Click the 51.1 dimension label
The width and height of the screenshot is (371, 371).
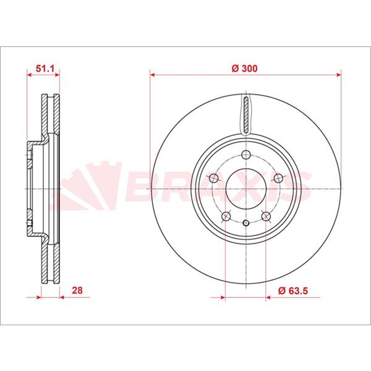pyautogui.click(x=45, y=69)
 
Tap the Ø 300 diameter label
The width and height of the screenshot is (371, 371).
pyautogui.click(x=244, y=69)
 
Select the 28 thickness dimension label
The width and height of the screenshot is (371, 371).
pyautogui.click(x=77, y=290)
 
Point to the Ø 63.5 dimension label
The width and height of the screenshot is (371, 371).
pyautogui.click(x=293, y=291)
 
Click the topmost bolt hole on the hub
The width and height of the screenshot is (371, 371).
pyautogui.click(x=246, y=155)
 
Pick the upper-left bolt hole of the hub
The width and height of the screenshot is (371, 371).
pyautogui.click(x=214, y=178)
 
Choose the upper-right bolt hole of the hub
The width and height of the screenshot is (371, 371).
pyautogui.click(x=278, y=178)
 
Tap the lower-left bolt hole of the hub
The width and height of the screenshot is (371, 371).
pyautogui.click(x=226, y=216)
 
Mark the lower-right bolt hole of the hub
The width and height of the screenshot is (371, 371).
pyautogui.click(x=266, y=216)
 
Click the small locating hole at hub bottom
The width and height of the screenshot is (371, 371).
pyautogui.click(x=246, y=223)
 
